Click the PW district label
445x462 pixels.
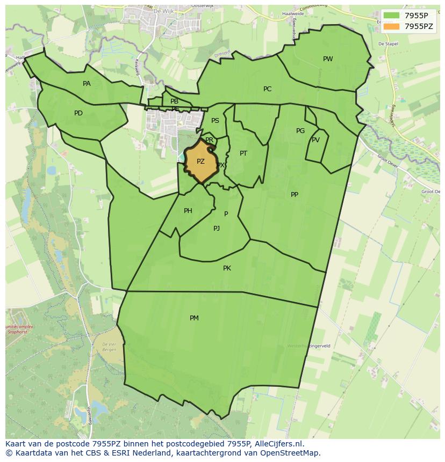click(328, 59)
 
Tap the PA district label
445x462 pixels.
click(87, 84)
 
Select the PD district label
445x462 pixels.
click(78, 113)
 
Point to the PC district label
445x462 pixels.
click(267, 89)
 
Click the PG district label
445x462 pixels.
click(300, 131)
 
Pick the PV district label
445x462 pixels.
click(315, 140)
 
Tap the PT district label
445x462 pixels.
click(243, 153)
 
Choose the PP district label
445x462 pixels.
click(295, 195)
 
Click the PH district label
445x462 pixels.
click(188, 211)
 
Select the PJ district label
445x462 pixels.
click(217, 229)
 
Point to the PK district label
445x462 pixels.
click(227, 268)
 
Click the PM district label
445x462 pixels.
click(194, 318)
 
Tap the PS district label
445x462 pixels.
click(215, 121)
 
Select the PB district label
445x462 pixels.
click(174, 101)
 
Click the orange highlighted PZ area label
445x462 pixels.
click(200, 162)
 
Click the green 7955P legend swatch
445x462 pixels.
click(391, 15)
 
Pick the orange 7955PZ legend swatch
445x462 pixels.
click(391, 26)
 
